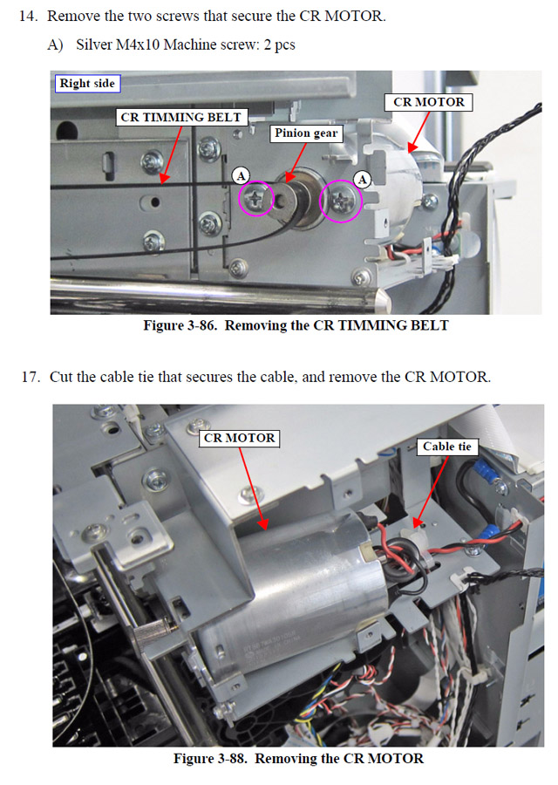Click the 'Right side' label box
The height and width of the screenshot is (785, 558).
(x=87, y=83)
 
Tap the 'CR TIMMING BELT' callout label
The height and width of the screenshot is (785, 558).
(x=181, y=117)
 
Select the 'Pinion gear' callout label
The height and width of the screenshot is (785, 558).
(x=306, y=133)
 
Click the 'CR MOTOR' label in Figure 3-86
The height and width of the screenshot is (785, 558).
(x=429, y=102)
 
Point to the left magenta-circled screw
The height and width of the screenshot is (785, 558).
(x=255, y=199)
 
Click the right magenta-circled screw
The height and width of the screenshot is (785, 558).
(x=341, y=201)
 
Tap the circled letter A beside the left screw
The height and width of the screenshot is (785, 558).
(x=242, y=175)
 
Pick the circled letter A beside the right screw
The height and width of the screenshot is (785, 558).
(x=363, y=179)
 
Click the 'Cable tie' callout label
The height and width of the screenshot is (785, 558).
(x=447, y=447)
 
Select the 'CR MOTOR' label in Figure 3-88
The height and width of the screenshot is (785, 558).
(x=239, y=438)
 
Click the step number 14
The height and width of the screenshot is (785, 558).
(x=29, y=16)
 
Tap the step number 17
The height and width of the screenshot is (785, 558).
(x=31, y=377)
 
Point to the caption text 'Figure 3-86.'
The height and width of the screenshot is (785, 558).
(x=180, y=325)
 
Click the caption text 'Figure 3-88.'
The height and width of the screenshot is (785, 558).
(x=210, y=759)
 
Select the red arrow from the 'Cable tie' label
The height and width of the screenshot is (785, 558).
(x=431, y=492)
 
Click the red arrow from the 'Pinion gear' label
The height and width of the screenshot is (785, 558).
(x=296, y=163)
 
